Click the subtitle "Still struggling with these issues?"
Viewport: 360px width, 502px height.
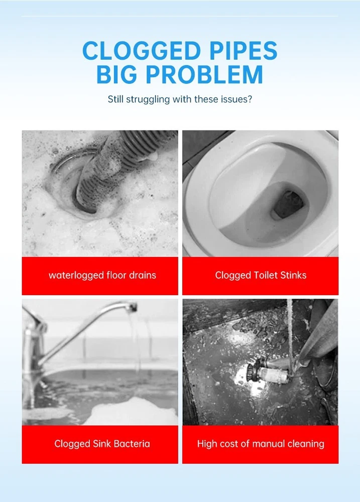click(180, 99)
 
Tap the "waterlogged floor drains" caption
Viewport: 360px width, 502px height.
click(102, 275)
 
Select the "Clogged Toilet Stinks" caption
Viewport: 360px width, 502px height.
click(261, 275)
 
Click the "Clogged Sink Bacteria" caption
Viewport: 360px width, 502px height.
click(102, 444)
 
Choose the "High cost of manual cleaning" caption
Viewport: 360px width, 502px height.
click(261, 444)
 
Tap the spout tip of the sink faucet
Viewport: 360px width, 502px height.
click(132, 308)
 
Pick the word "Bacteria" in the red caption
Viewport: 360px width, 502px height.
click(132, 444)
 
